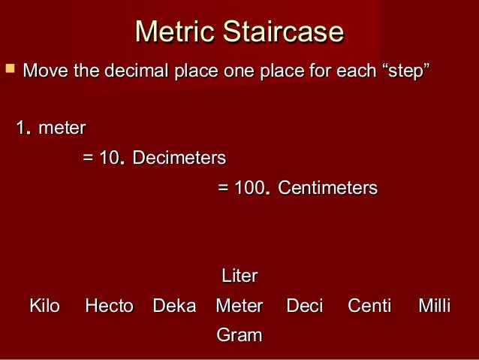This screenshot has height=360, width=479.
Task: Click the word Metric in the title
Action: pos(171,32)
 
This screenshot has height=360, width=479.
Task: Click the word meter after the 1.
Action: pos(62,129)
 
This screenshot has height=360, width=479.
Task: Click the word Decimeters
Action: pos(179,159)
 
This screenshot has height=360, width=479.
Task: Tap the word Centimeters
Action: pos(327,188)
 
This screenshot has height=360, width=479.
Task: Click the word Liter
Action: pos(239,276)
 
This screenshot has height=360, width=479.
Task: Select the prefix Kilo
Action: pos(44,306)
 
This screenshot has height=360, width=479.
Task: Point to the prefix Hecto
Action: pos(109,306)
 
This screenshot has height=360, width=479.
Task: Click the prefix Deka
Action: pos(174,306)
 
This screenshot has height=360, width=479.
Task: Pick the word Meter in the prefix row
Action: pos(239,306)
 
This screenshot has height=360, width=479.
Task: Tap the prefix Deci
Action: pos(305,306)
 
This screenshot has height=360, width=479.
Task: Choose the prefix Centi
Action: pos(369,306)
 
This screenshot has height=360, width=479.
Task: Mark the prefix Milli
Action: pos(435,306)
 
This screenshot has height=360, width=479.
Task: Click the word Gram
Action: pos(239,335)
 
